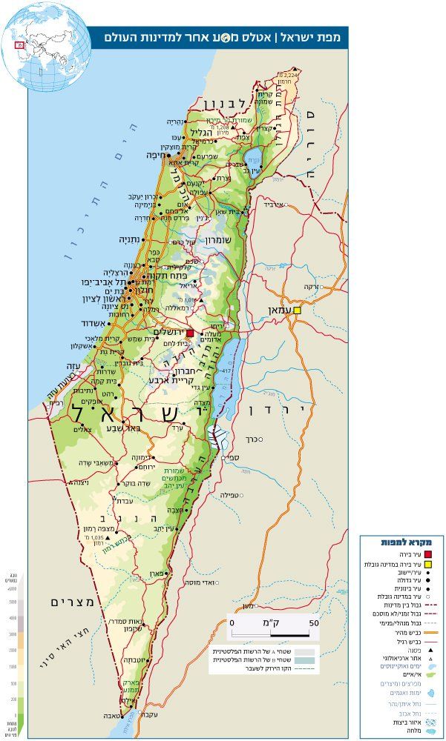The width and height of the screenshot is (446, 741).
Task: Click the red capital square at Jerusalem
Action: pos(190,333)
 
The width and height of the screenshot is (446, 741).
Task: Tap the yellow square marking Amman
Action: pos(297,310)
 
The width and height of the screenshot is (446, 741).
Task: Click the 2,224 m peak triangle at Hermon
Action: pos(280,75)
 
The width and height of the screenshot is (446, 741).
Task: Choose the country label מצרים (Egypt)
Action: pos(73,601)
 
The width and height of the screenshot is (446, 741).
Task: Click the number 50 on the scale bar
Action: pos(313,623)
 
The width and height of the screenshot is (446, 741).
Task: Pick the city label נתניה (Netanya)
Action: pos(131,239)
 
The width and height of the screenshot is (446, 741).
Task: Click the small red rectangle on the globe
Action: pos(19,45)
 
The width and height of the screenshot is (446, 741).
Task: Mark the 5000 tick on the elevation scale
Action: pos(12,602)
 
